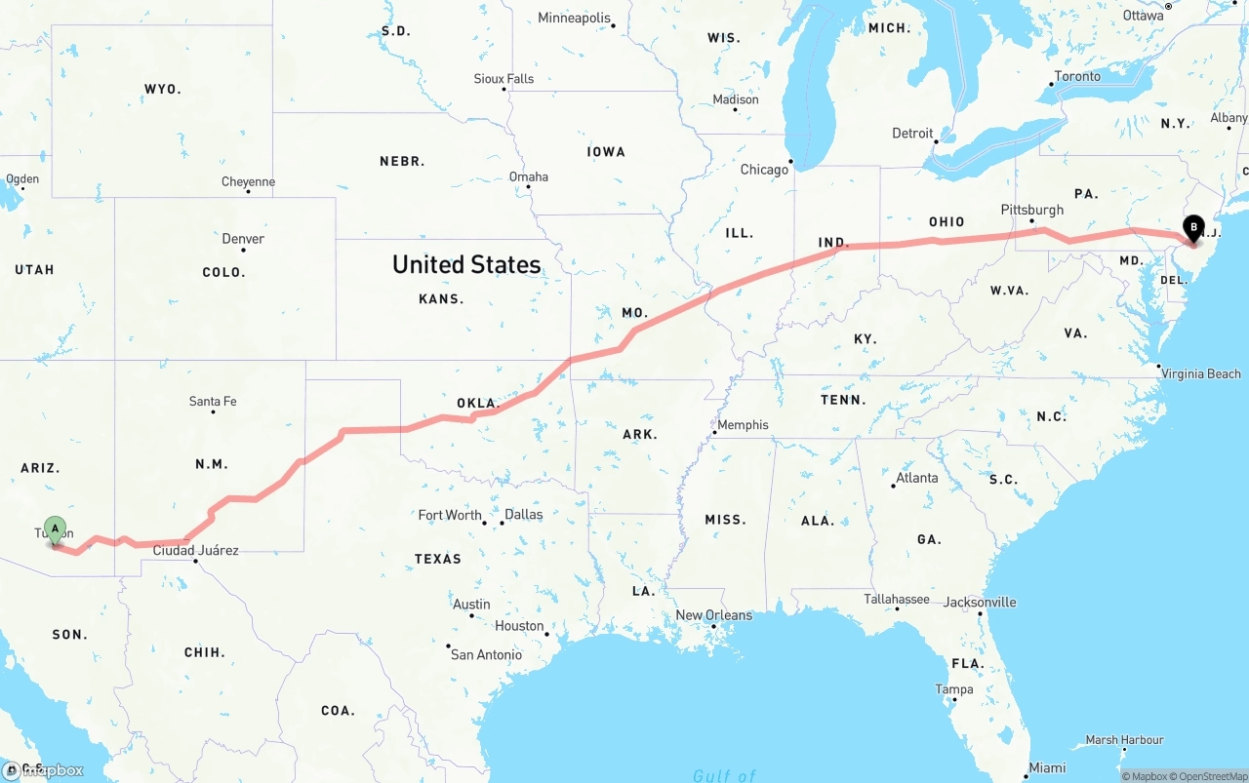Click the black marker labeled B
(x=1192, y=228)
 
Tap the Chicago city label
(x=764, y=170)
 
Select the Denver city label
(x=243, y=239)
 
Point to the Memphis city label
(x=743, y=425)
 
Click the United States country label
(x=466, y=264)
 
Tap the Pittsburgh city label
(x=1031, y=210)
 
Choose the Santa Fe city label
(x=213, y=401)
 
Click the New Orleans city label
(x=714, y=615)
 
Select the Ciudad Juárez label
(x=196, y=550)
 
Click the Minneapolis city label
(x=574, y=18)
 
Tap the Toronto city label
(x=1077, y=76)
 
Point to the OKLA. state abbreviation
(x=478, y=403)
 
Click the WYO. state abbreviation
(x=163, y=89)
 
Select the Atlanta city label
(x=917, y=478)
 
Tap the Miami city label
(x=1048, y=767)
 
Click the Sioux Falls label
(x=504, y=79)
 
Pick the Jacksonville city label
(x=979, y=602)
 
